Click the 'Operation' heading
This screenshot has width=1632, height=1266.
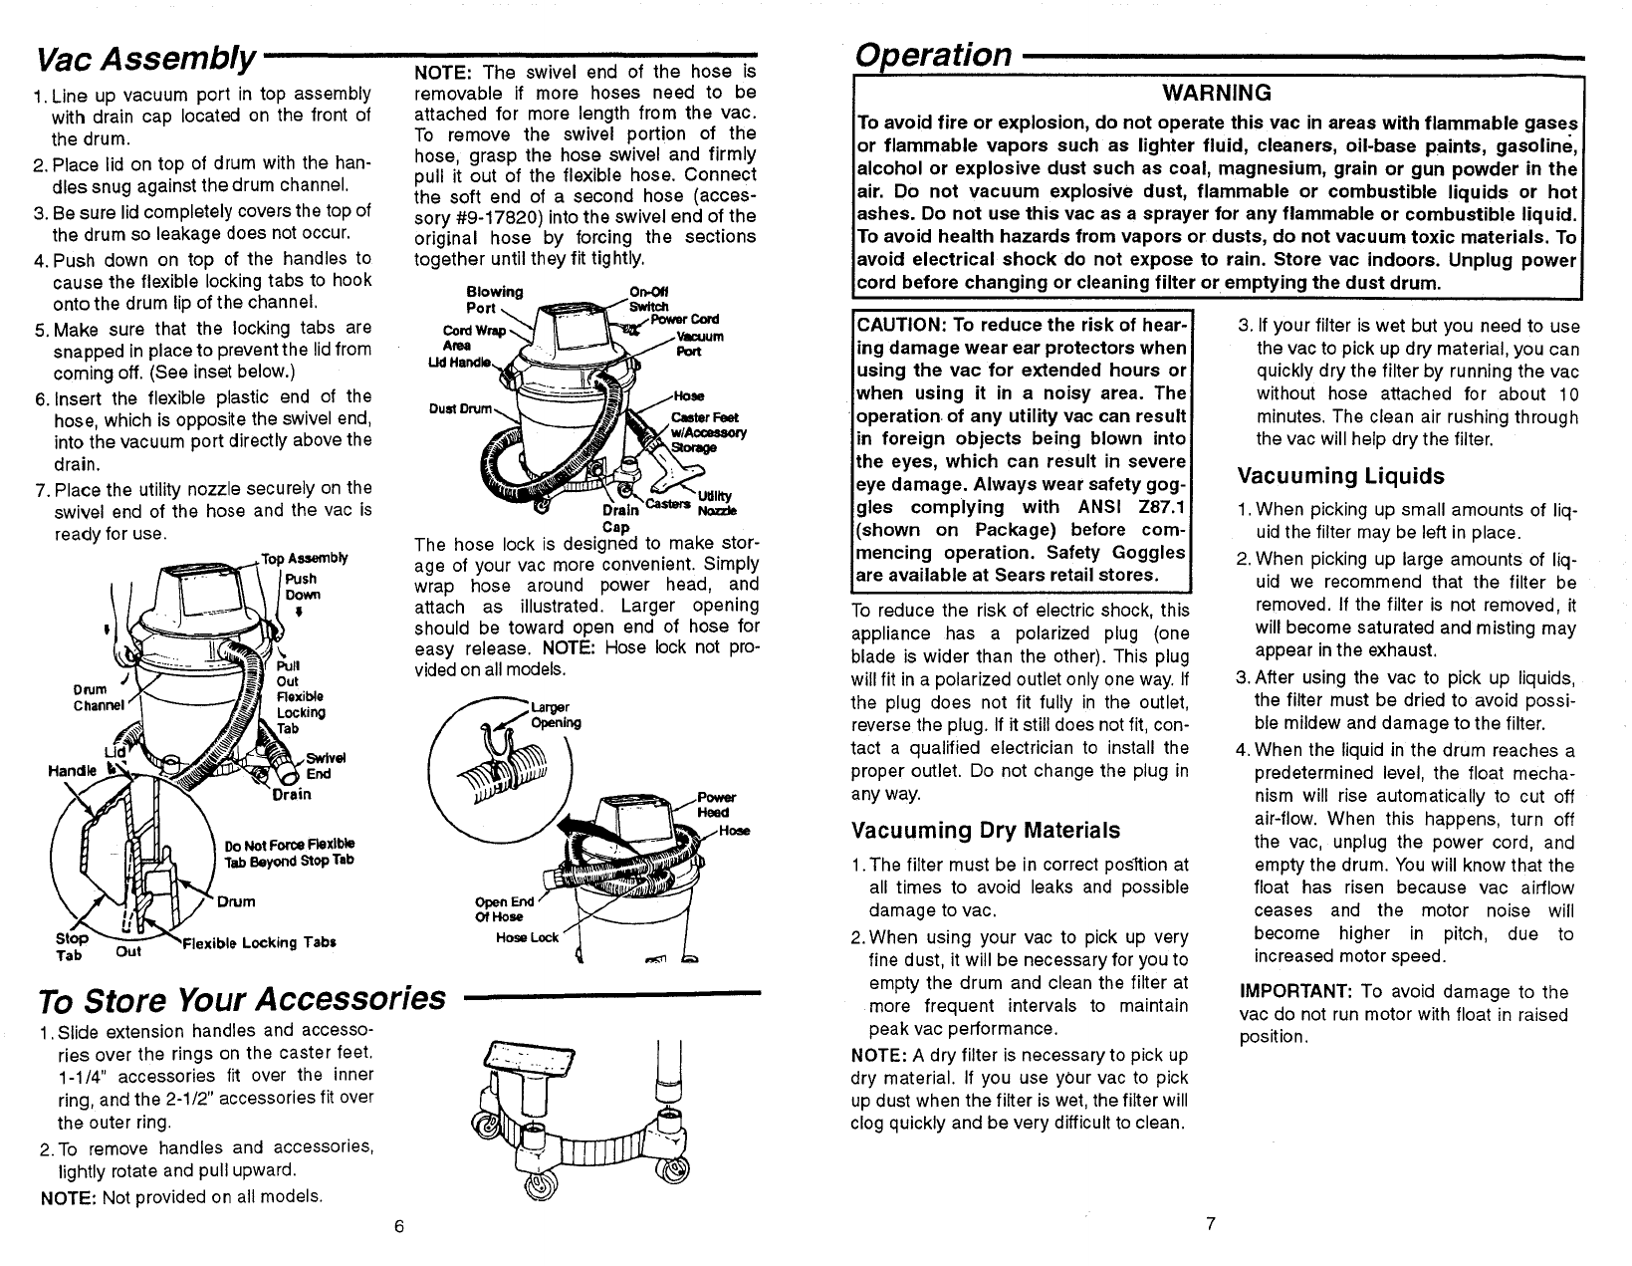coord(934,55)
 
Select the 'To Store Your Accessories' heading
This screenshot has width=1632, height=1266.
coord(239,998)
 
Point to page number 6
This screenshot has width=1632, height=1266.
coord(396,1226)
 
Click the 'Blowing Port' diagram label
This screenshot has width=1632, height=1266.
coord(494,298)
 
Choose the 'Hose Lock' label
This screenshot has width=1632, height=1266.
coord(528,938)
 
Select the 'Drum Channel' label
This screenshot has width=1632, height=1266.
coord(97,698)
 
